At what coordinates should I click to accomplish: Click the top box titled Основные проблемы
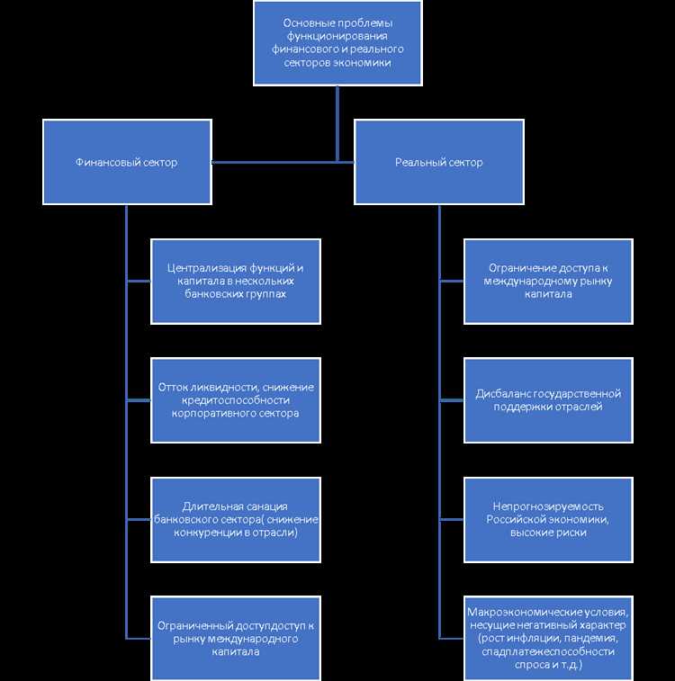point(337,42)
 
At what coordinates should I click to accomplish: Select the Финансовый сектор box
point(127,162)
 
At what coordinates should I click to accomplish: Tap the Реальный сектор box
point(439,162)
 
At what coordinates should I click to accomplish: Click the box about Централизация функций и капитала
point(236,281)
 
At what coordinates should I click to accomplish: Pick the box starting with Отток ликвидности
point(236,399)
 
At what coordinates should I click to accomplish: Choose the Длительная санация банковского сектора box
point(236,519)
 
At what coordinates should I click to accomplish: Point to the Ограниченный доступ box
point(236,638)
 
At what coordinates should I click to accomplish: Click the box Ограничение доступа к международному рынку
point(548,281)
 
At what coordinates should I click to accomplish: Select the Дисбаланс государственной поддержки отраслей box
point(548,399)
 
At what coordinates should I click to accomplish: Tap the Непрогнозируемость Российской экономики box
point(548,519)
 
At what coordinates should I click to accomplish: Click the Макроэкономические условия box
point(548,638)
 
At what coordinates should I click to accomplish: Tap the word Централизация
point(204,268)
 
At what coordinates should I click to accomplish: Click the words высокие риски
point(548,532)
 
